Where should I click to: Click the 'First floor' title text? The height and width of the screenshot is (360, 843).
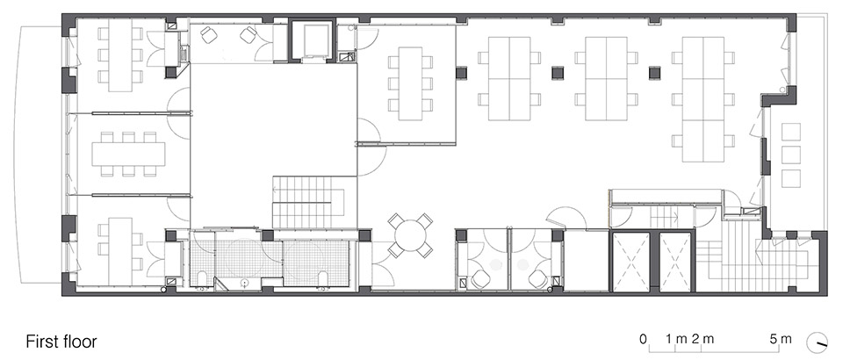61,342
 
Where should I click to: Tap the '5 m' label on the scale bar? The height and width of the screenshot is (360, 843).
781,339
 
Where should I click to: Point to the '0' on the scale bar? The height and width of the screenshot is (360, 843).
643,339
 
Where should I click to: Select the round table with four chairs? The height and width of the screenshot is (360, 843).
411,234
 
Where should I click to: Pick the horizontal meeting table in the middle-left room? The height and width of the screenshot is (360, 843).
128,154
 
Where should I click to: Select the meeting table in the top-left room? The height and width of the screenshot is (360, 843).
120,55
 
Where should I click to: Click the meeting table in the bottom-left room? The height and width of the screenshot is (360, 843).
120,251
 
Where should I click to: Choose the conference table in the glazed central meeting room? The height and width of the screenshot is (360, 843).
411,83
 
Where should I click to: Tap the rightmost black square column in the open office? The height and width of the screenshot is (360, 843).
654,73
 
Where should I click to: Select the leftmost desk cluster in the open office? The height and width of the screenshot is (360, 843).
509,78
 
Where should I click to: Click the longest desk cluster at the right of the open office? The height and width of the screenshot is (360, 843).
703,99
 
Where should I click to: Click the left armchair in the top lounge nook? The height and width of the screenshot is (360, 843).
209,35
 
